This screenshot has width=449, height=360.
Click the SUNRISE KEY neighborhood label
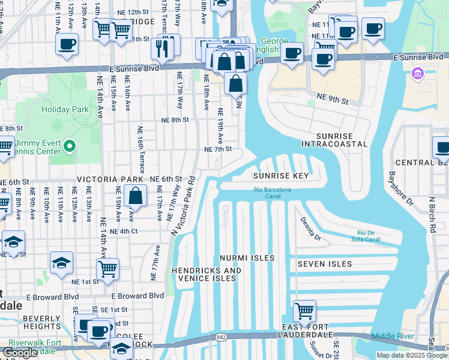click(x=280, y=176)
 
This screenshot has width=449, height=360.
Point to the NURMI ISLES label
click(x=248, y=258)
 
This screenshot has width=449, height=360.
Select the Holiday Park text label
click(x=65, y=109)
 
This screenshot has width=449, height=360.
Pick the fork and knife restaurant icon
click(x=161, y=48)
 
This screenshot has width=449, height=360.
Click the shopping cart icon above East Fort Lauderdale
click(x=305, y=311)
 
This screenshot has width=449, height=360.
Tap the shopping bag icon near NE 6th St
click(x=136, y=196)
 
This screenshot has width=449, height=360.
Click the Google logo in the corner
click(x=20, y=353)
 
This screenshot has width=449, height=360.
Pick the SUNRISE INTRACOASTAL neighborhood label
click(x=334, y=140)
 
